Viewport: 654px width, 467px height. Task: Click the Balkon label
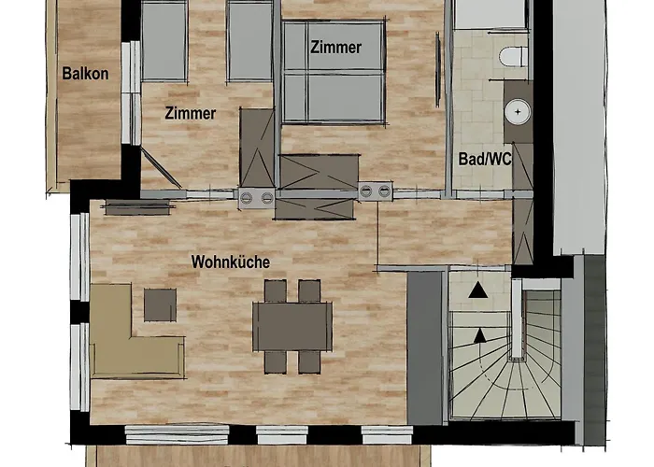tap(86, 74)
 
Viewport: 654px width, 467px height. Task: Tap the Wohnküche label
tap(231, 262)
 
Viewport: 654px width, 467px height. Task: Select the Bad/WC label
tap(485, 159)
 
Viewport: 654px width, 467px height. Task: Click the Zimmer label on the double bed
tap(335, 47)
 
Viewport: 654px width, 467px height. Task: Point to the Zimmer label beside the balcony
tap(191, 113)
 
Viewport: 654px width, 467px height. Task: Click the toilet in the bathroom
tap(514, 57)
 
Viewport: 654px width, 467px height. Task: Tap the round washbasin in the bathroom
tap(518, 112)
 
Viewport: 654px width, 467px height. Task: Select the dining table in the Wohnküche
tap(292, 327)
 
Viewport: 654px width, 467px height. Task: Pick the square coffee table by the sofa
tap(160, 305)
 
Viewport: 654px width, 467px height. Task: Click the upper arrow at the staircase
tap(478, 290)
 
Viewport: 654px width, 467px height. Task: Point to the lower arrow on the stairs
tap(480, 335)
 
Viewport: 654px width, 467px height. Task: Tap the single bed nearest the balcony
tap(163, 40)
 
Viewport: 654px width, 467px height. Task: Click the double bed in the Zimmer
tap(334, 72)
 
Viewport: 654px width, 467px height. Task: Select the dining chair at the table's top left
tap(276, 291)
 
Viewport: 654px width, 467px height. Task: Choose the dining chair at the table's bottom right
tap(309, 362)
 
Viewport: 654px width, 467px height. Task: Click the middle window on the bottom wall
tap(282, 435)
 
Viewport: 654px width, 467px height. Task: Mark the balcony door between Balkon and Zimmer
tap(131, 92)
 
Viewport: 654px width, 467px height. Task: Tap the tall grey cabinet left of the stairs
tap(424, 348)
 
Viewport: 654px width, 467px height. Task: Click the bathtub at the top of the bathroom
tap(489, 14)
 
